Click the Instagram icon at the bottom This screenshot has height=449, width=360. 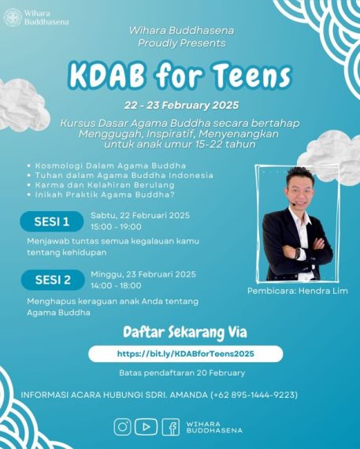click(122, 427)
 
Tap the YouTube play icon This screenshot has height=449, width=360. click(146, 427)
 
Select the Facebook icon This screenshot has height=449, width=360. click(171, 427)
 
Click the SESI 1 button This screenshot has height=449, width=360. click(52, 221)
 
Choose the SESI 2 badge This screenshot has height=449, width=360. click(53, 280)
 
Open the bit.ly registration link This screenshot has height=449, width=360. click(186, 354)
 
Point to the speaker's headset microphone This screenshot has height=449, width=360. click(293, 203)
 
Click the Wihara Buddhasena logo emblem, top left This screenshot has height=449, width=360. click(13, 17)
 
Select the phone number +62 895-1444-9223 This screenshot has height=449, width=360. click(254, 395)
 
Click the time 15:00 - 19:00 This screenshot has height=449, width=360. click(116, 227)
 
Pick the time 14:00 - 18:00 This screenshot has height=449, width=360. click(116, 285)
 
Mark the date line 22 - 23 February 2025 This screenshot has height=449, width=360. click(181, 106)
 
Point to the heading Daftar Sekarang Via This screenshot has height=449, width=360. click(185, 332)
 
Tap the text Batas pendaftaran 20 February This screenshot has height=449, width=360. click(182, 373)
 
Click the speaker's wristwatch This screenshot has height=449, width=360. click(297, 254)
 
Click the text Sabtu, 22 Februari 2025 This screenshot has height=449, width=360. click(140, 215)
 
